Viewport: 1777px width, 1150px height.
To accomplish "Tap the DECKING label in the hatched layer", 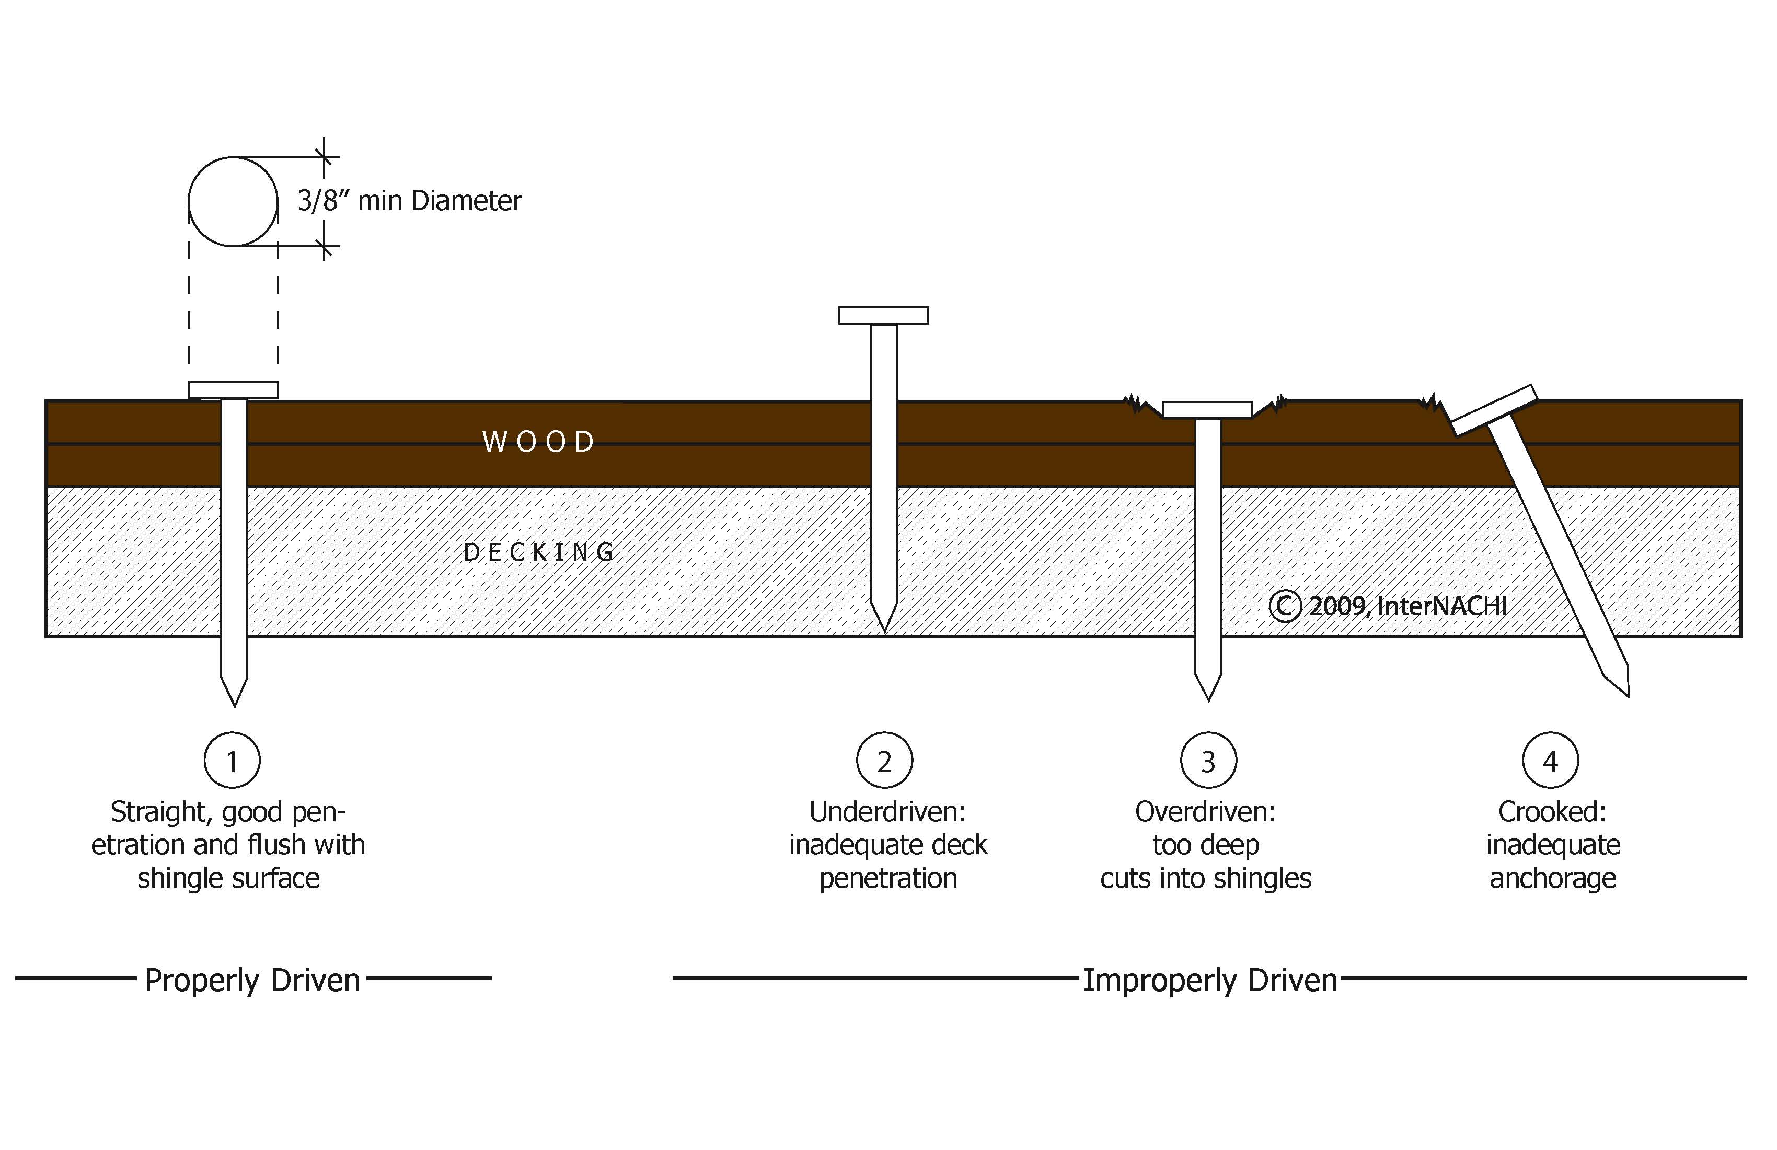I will click(539, 553).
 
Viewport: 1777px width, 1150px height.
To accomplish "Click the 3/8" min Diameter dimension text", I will click(409, 201).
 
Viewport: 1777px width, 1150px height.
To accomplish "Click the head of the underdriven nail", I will click(883, 315).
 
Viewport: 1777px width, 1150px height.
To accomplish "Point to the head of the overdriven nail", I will click(1207, 410).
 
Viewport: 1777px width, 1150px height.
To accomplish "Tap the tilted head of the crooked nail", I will click(1493, 410).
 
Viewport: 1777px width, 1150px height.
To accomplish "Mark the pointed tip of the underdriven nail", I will click(884, 627).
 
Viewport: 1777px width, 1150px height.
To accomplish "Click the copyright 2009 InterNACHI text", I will click(1389, 606).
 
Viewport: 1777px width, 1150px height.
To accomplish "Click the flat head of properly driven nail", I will click(234, 390).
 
